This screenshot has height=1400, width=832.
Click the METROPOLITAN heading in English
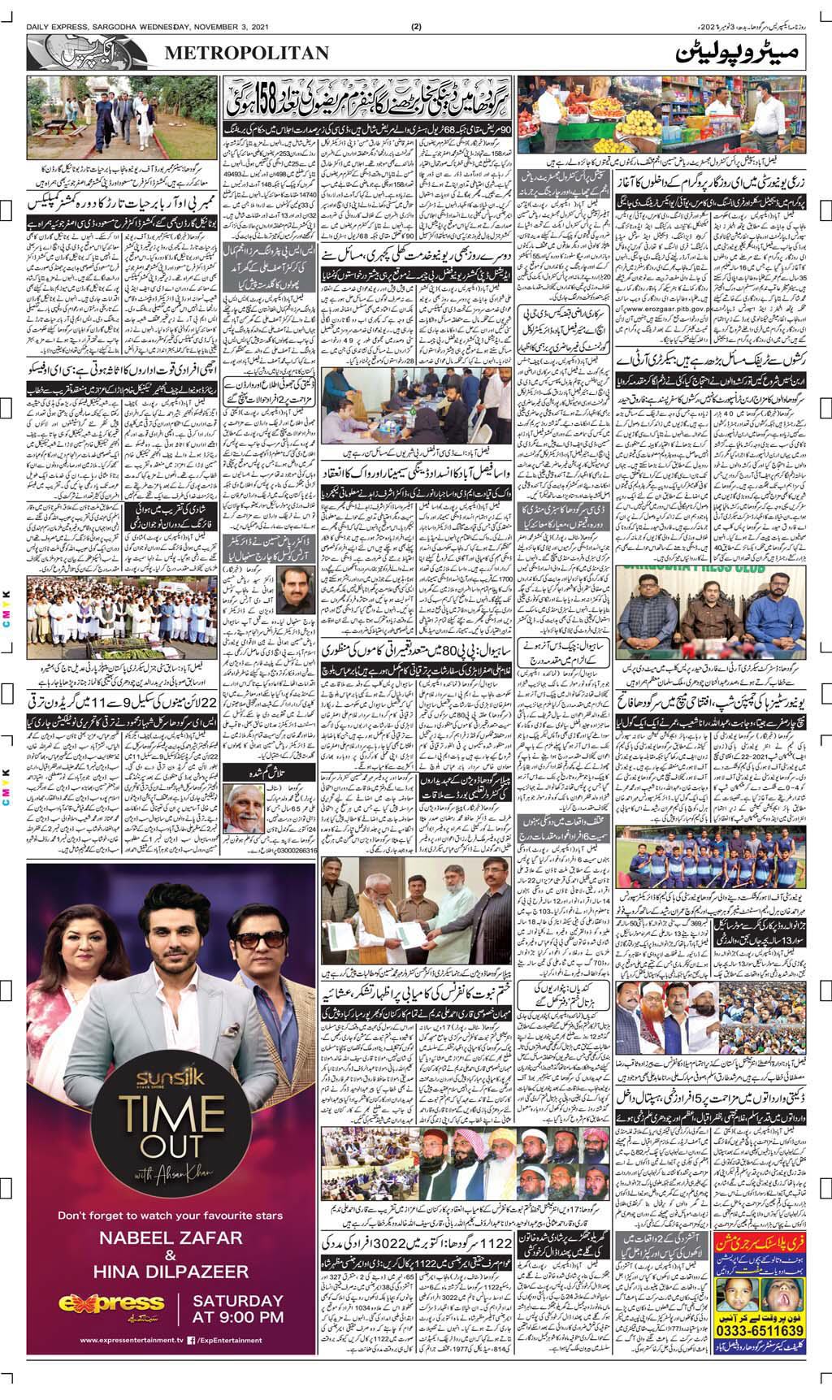(247, 54)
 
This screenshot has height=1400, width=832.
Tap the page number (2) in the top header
(416, 26)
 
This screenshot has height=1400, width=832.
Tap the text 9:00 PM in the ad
(238, 1316)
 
